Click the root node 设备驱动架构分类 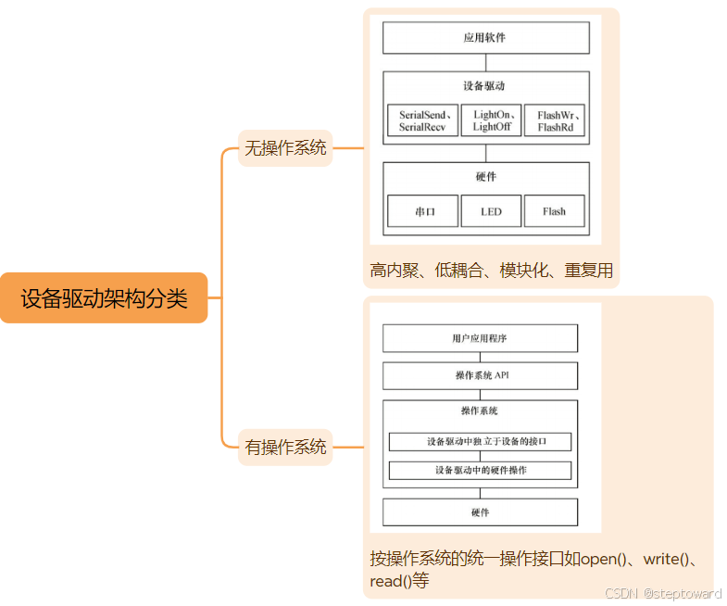coord(104,297)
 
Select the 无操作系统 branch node coord(285,147)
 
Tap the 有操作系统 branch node coord(285,447)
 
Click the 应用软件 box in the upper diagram coord(485,38)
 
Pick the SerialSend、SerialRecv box coord(422,120)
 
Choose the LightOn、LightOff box coord(491,120)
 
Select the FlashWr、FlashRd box coord(554,120)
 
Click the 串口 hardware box coord(423,211)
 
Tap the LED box coord(491,211)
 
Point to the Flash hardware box coord(554,211)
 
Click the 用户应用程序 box coord(480,338)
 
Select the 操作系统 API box coord(480,375)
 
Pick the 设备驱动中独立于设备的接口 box coord(480,442)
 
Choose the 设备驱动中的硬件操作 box coord(480,470)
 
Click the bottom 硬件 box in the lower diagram coord(480,512)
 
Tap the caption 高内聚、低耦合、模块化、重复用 coord(491,271)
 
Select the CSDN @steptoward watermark coord(662,593)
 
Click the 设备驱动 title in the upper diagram coord(485,86)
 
